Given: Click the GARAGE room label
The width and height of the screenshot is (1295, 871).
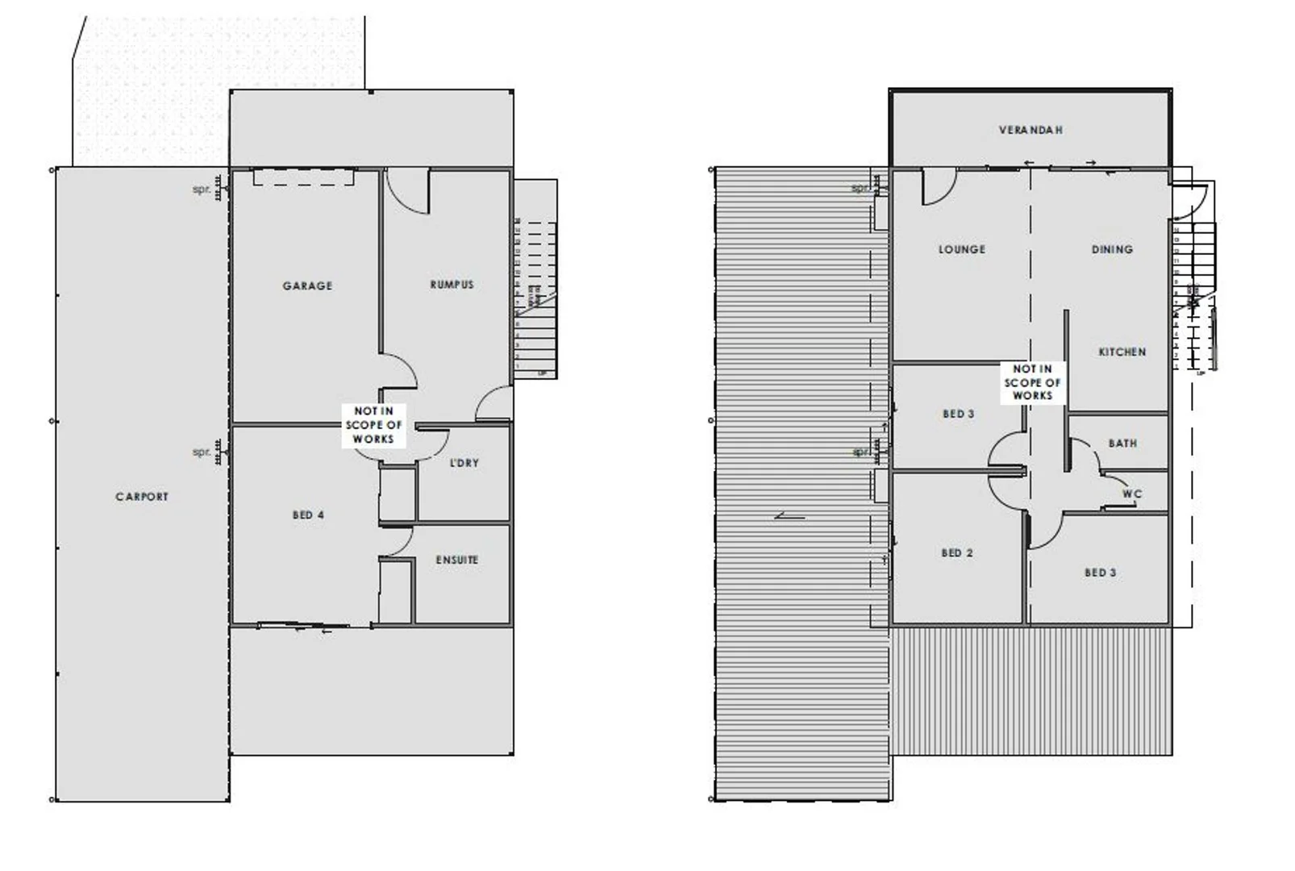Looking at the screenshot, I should point(307,285).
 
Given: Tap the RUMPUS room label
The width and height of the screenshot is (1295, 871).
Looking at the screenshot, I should point(452,285).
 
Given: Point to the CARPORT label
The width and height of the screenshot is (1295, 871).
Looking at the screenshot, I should point(142,497).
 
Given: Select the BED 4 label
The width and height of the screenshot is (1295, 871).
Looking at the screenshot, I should point(308,515).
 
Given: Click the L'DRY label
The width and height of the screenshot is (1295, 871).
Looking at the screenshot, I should point(464,463).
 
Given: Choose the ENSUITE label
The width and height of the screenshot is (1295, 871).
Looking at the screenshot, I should point(456,560).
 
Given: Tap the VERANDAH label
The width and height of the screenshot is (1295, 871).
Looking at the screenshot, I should point(1031,130).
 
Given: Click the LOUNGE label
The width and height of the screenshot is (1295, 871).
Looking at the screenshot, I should point(962,250).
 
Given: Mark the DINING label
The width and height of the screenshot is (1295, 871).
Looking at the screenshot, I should point(1112,250).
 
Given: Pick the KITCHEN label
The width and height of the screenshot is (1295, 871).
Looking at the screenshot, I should point(1122,352).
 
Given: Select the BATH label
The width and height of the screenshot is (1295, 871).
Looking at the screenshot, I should point(1122,444).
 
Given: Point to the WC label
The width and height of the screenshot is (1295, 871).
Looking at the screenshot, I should point(1132,494).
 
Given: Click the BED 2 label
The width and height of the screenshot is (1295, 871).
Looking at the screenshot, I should point(957,553).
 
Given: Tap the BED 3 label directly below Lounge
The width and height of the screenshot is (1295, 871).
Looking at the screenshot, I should point(958,415).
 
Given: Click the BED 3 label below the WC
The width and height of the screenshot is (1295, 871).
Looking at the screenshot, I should point(1100,573).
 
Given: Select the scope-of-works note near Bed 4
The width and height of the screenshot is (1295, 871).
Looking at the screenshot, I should point(373,425).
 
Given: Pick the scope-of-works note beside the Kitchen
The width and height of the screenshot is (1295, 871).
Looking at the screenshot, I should point(1032,382).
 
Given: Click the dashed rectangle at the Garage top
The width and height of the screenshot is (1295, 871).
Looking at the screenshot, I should point(305,177).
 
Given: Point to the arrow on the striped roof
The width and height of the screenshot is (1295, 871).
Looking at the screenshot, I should point(789,516).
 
